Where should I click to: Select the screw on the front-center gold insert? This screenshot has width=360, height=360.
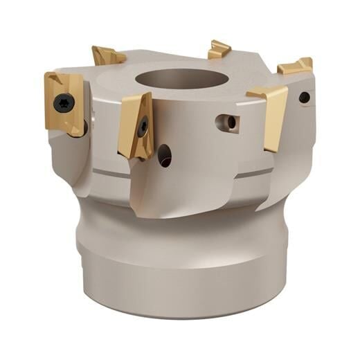pyautogui.click(x=143, y=126)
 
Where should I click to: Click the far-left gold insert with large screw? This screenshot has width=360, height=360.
pyautogui.click(x=64, y=102)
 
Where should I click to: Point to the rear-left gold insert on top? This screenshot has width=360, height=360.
pyautogui.click(x=107, y=55)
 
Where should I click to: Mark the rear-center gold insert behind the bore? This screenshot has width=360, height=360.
pyautogui.click(x=218, y=49)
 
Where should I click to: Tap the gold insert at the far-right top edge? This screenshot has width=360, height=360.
pyautogui.click(x=296, y=66)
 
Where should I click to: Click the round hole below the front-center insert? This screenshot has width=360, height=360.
pyautogui.click(x=165, y=155)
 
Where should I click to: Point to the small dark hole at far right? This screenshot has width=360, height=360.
pyautogui.click(x=304, y=98)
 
